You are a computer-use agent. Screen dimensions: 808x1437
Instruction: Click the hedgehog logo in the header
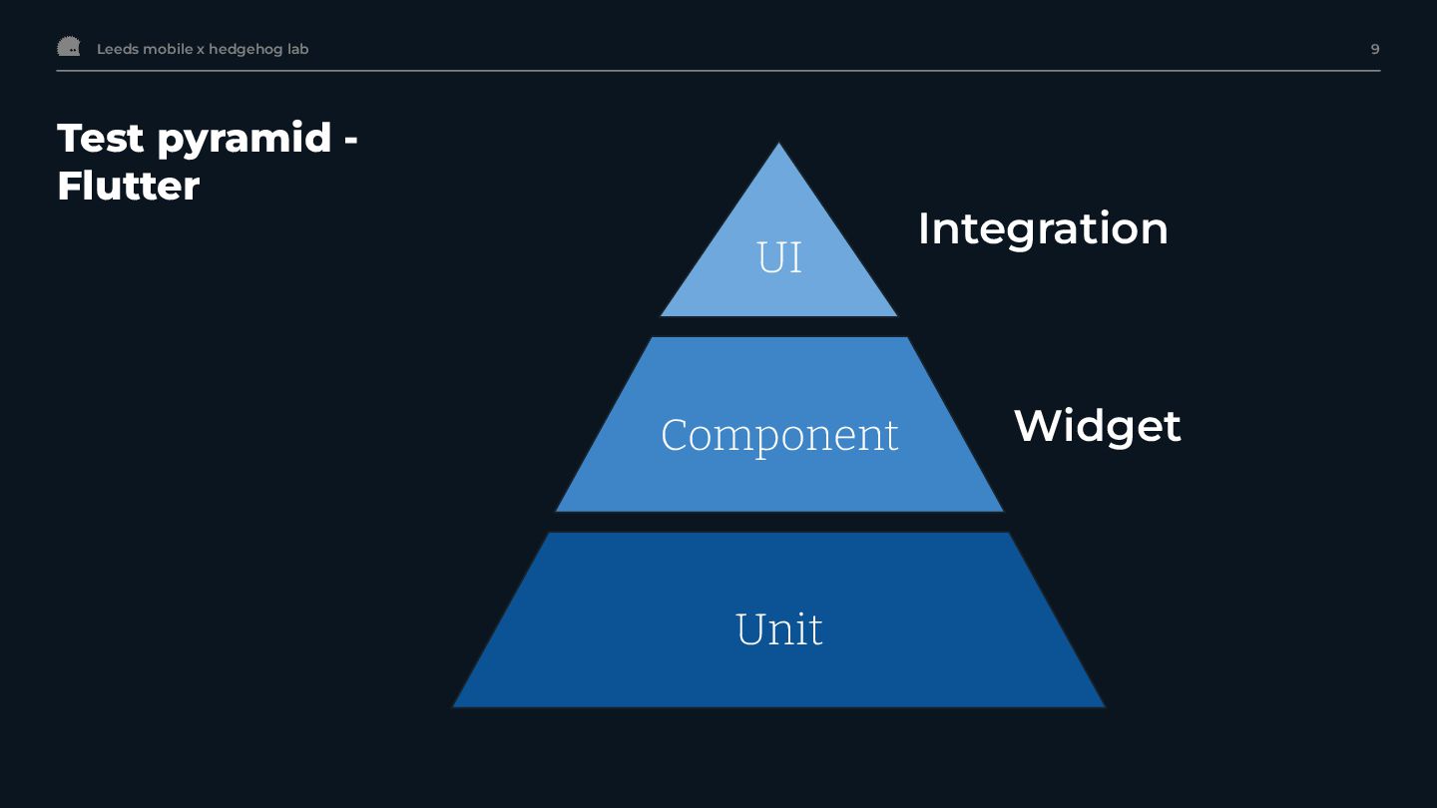[68, 47]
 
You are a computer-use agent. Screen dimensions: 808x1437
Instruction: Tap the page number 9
[1375, 49]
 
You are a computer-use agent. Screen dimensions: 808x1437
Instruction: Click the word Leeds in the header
[118, 49]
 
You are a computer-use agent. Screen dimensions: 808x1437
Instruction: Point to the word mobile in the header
[168, 49]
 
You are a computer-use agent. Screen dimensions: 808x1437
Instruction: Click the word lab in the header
[298, 49]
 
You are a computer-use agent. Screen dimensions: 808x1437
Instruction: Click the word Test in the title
[101, 138]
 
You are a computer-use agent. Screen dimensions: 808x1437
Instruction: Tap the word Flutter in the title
[128, 186]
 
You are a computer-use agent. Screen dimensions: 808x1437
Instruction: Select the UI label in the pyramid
[779, 257]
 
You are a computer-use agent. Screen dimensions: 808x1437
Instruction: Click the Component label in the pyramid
[779, 435]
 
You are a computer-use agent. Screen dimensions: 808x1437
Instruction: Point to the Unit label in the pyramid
[779, 628]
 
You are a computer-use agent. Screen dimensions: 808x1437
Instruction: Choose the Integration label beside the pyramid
[1043, 228]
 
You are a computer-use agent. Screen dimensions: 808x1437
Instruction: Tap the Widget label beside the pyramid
[1098, 426]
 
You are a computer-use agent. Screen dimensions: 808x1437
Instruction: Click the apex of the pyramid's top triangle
[778, 147]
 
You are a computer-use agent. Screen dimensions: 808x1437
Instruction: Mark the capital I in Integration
[924, 228]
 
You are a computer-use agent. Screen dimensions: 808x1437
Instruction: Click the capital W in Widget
[1035, 426]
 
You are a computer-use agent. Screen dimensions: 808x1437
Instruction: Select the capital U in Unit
[750, 628]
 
